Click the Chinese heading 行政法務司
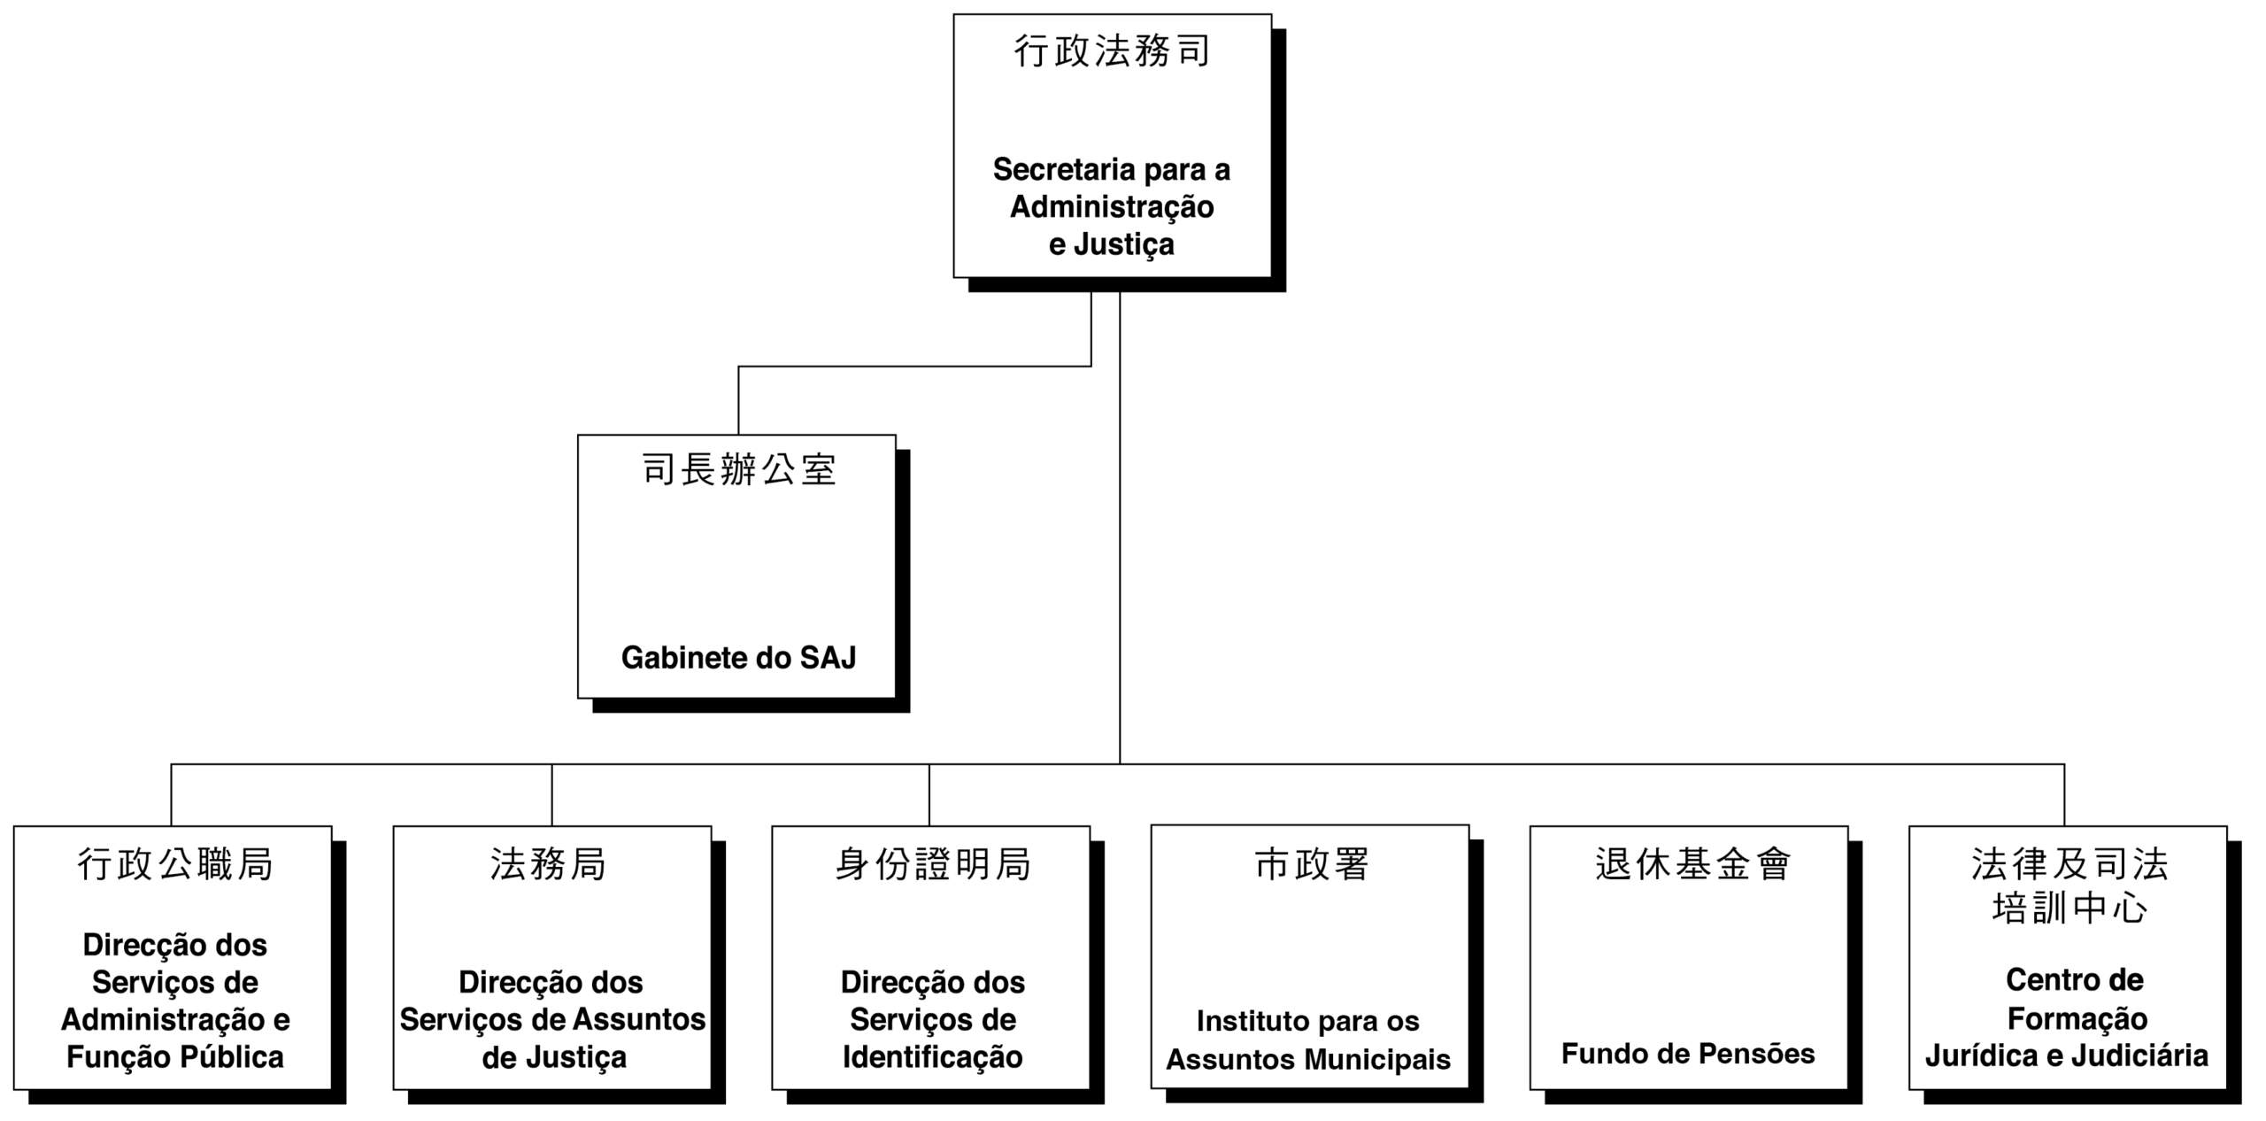point(1112,51)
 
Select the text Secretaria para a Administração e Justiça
point(1112,206)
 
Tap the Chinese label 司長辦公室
point(738,469)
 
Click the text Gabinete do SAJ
point(738,658)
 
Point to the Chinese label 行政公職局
point(174,864)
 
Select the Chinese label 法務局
point(549,864)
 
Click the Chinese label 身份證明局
point(933,864)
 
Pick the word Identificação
point(933,1057)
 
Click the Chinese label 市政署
point(1312,864)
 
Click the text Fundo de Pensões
point(1688,1054)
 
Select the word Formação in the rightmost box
point(2077,1019)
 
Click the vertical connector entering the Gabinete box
point(738,400)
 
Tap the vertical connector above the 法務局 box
point(551,795)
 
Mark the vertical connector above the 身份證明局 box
point(929,795)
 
